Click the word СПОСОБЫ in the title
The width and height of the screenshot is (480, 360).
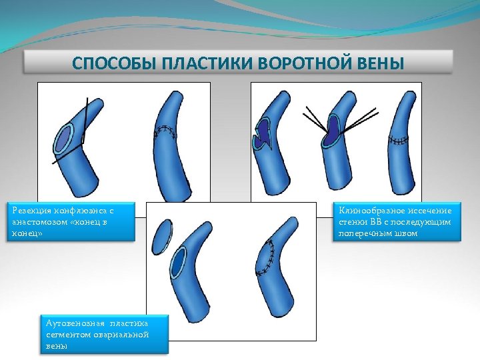pyautogui.click(x=107, y=64)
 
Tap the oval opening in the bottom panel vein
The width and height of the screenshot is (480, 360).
pyautogui.click(x=177, y=263)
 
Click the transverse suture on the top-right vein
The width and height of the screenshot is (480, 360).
pyautogui.click(x=399, y=141)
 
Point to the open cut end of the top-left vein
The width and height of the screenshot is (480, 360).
pyautogui.click(x=64, y=139)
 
